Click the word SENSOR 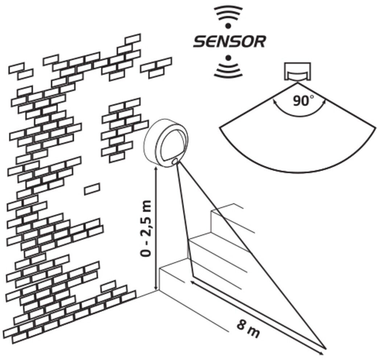[x=229, y=42]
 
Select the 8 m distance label [x=248, y=329]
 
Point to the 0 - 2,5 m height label [x=146, y=228]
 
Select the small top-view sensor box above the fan [x=297, y=72]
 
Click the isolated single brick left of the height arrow [x=92, y=189]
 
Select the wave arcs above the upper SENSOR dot [x=228, y=13]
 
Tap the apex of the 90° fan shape [x=298, y=83]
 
